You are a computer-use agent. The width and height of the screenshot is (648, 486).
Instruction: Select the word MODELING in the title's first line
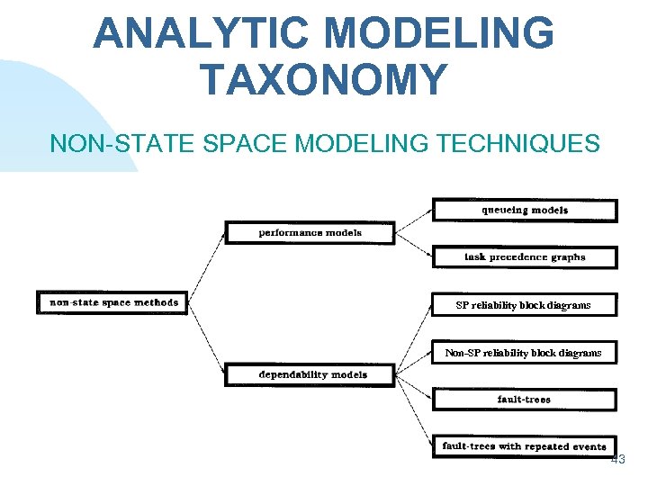point(439,34)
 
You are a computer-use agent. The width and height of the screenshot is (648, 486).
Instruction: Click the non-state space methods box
point(114,302)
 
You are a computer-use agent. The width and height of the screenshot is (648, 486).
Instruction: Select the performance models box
point(310,233)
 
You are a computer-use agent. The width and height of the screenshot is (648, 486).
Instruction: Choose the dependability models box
point(310,374)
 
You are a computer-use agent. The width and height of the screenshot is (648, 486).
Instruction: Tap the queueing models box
point(525,211)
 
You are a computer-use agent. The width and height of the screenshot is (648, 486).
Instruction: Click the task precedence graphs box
point(525,257)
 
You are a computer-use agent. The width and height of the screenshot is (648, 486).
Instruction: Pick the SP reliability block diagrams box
point(524,305)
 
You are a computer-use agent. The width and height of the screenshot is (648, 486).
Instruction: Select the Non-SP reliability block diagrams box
point(524,353)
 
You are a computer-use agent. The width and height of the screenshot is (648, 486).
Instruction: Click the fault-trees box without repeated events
point(525,400)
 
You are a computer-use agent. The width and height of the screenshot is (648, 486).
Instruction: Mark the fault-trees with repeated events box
point(525,446)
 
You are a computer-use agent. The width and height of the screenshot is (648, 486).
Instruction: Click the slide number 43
point(617,460)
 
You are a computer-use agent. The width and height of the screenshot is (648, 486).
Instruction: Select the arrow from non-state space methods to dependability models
point(208,338)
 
